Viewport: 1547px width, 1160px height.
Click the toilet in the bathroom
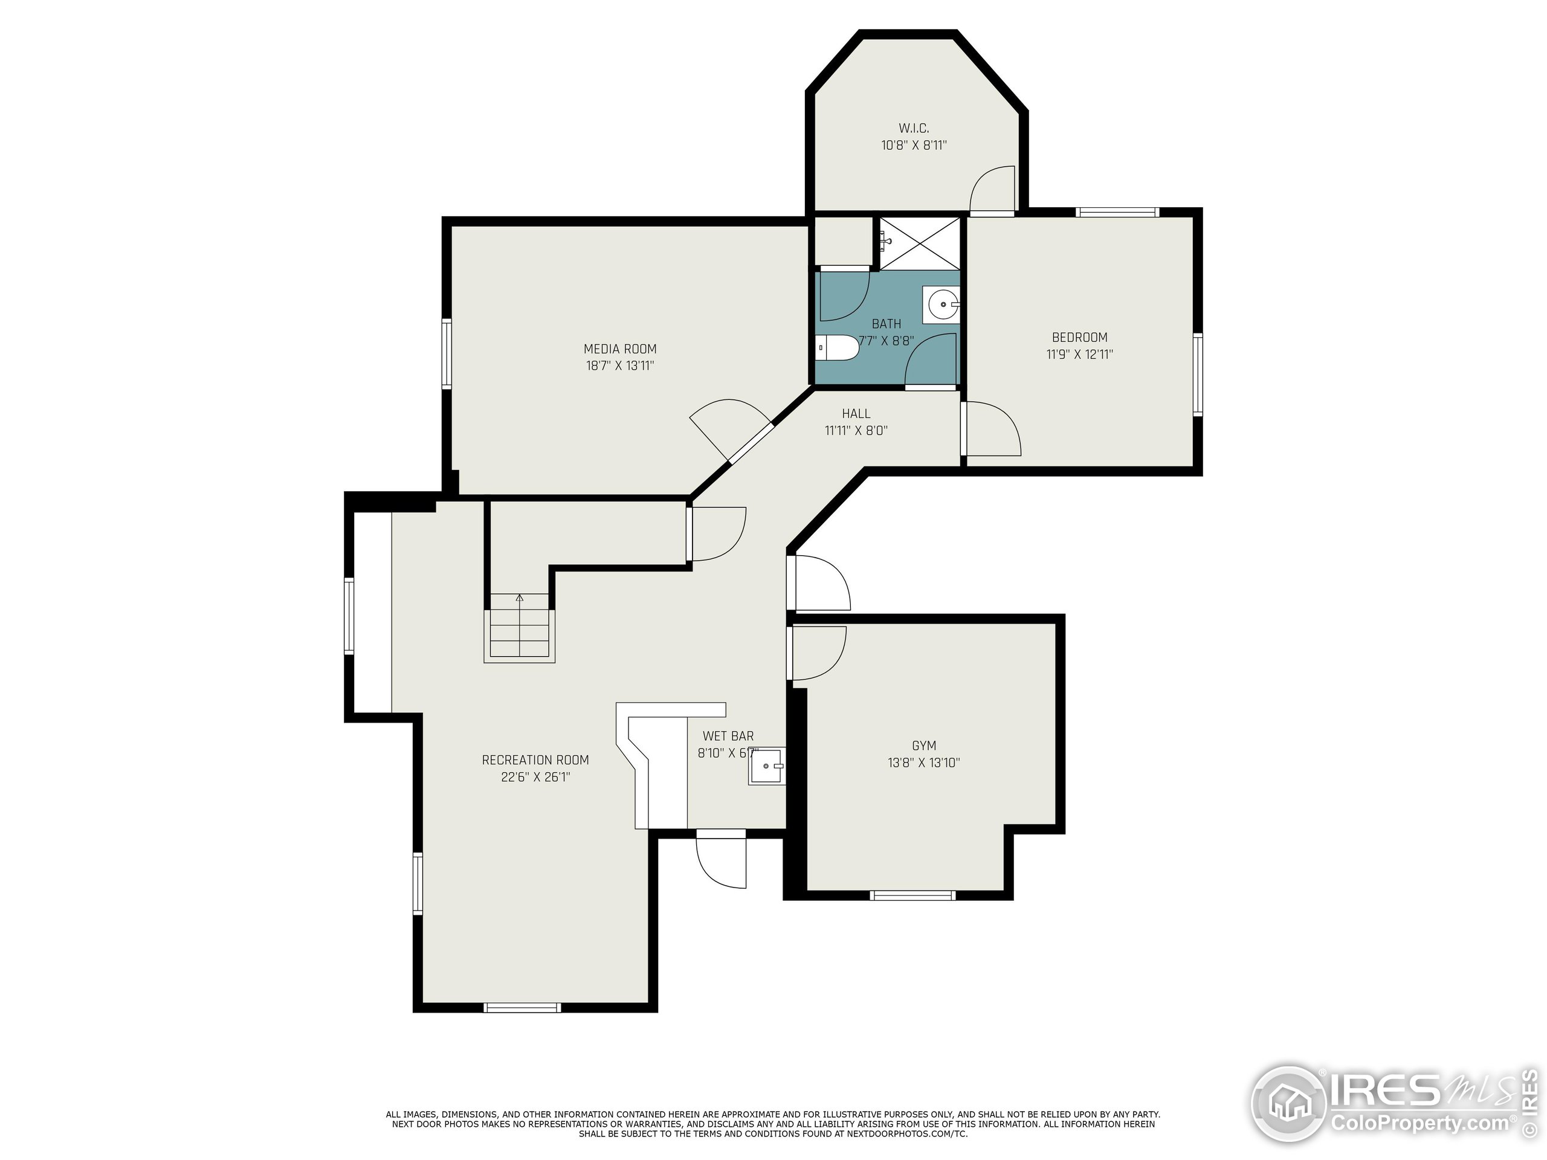click(837, 347)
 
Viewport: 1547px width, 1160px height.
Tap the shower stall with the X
click(920, 243)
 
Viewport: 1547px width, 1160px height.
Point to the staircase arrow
click(520, 599)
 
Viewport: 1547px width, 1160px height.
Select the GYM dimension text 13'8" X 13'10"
click(923, 763)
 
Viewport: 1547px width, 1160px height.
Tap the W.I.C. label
click(913, 129)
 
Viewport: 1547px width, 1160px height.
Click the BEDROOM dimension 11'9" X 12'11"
click(1079, 355)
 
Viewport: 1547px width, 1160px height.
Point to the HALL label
click(856, 414)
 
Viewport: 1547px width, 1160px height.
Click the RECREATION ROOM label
click(535, 760)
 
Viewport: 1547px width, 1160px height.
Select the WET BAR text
click(728, 736)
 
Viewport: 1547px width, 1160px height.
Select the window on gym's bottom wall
click(912, 895)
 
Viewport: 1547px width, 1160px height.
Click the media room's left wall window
click(446, 353)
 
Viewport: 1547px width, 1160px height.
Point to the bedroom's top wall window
click(1117, 212)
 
